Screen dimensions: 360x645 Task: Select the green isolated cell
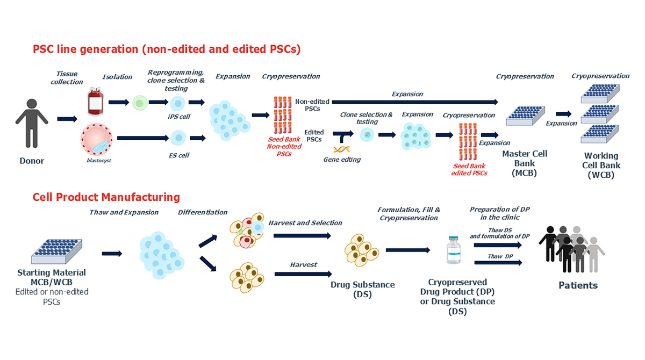click(139, 102)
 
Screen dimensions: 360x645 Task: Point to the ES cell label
click(178, 155)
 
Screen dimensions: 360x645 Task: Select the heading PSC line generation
click(167, 49)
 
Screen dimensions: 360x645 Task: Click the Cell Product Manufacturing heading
click(106, 197)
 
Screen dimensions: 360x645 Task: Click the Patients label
click(578, 285)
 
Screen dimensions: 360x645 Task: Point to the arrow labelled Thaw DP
click(499, 263)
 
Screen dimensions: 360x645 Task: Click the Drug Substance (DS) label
click(363, 289)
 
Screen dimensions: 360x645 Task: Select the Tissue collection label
click(67, 78)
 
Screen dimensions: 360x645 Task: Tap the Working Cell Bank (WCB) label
click(600, 164)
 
